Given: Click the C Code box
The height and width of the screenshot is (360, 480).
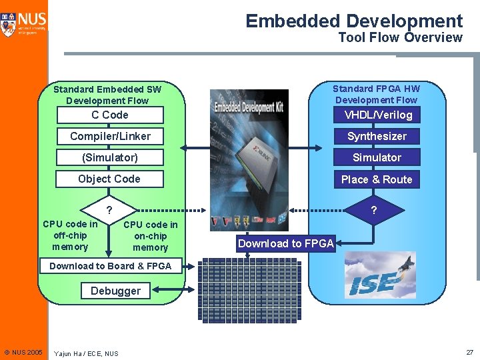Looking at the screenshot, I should pyautogui.click(x=110, y=115).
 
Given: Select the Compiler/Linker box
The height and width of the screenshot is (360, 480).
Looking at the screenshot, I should pyautogui.click(x=110, y=136).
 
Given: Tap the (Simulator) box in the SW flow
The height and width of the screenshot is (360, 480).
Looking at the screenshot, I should pyautogui.click(x=110, y=157).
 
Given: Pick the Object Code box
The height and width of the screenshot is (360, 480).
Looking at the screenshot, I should pyautogui.click(x=110, y=179).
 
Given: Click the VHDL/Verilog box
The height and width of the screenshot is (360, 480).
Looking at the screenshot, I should pyautogui.click(x=377, y=115).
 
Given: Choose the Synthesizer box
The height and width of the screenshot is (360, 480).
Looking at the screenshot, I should pyautogui.click(x=377, y=136).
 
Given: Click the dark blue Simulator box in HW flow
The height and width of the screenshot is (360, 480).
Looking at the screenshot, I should pyautogui.click(x=377, y=157).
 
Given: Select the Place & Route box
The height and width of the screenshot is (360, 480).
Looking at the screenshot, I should pyautogui.click(x=377, y=179).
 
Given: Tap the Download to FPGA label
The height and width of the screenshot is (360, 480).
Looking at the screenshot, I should pyautogui.click(x=286, y=243).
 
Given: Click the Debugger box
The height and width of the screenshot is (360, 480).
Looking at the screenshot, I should pyautogui.click(x=115, y=291).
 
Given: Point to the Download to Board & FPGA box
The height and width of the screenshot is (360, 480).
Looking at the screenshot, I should pyautogui.click(x=110, y=266).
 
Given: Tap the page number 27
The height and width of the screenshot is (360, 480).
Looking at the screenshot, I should pyautogui.click(x=469, y=351).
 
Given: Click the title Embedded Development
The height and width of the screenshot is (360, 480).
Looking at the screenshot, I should pyautogui.click(x=354, y=21).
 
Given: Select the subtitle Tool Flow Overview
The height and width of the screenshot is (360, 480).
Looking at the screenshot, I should pyautogui.click(x=400, y=37).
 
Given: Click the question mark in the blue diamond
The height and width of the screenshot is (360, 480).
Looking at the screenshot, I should pyautogui.click(x=374, y=211).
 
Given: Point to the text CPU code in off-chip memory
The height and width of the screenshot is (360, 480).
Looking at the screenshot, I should pyautogui.click(x=70, y=235).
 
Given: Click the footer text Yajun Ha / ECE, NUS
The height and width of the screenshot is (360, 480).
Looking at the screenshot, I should pyautogui.click(x=86, y=353).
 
